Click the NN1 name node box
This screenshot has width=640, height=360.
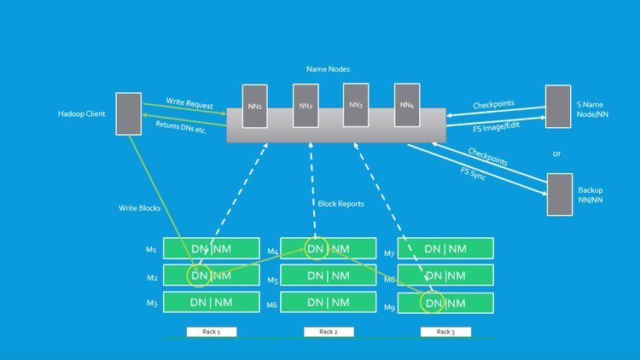coord(254,106)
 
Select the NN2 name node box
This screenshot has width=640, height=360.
coord(305,106)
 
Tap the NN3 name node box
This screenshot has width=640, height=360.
coord(356,106)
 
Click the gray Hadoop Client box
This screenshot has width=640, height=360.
coord(128,113)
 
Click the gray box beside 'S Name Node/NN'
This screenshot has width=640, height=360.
coord(558,107)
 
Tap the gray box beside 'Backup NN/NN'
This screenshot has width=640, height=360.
coord(559,195)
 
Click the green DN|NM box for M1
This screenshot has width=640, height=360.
coord(210,249)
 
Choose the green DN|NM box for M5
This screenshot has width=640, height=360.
coord(329,276)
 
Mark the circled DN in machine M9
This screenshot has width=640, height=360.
coord(434,303)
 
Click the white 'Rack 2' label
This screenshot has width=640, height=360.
coord(328,331)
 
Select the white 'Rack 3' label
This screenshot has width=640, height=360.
coord(445,331)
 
